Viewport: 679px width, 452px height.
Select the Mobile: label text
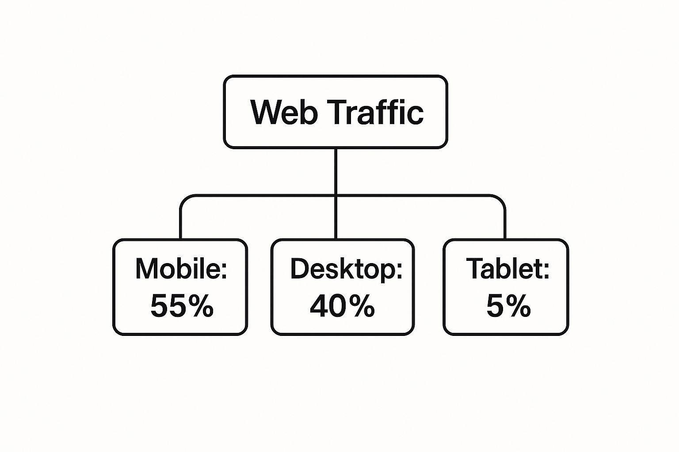tap(181, 268)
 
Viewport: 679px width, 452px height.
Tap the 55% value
tap(182, 306)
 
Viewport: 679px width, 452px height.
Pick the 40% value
tap(342, 306)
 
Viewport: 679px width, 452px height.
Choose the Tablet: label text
tap(508, 268)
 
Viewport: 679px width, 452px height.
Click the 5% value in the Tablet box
tap(509, 306)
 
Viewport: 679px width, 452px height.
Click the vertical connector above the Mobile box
tap(181, 224)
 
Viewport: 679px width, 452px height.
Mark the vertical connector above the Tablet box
tap(505, 224)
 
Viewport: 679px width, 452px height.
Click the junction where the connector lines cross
tap(336, 196)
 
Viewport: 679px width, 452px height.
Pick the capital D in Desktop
tap(300, 268)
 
